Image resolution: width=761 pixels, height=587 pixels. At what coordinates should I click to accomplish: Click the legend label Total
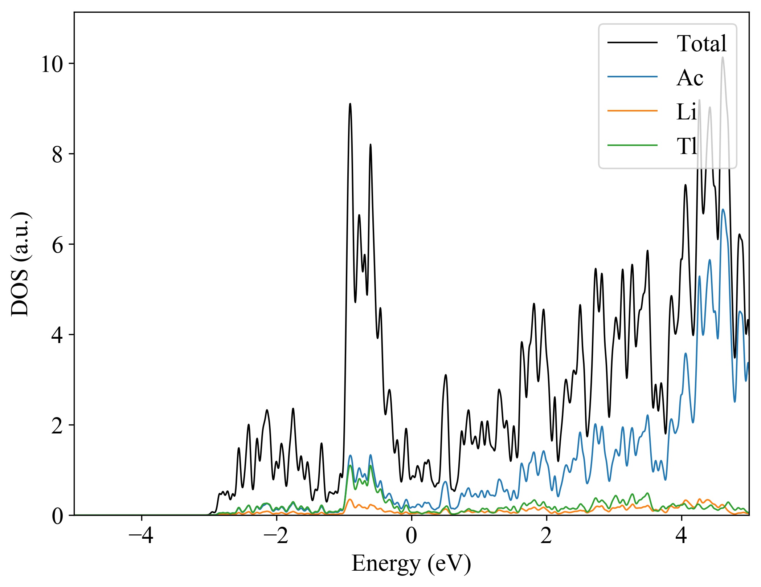701,44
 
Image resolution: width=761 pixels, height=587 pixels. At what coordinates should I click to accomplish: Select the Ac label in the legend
690,78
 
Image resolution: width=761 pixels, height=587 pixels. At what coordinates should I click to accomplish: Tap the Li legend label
686,112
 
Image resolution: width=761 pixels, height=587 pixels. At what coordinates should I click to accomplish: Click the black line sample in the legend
632,43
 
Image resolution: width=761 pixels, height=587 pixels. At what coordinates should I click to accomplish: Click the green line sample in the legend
632,145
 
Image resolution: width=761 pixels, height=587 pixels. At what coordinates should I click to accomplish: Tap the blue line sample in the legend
632,77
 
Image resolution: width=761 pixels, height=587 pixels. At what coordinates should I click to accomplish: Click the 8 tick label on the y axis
57,155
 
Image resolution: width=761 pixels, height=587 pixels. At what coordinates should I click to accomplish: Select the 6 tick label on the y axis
57,245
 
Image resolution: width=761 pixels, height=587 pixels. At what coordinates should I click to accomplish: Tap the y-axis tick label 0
57,516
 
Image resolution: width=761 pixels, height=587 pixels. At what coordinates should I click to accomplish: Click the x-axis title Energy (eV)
411,563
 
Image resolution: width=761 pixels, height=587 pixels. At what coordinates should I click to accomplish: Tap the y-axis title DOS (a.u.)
20,264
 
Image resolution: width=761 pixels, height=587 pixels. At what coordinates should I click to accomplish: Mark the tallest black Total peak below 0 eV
350,104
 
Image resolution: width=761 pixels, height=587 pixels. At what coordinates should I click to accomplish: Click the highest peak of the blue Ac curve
723,209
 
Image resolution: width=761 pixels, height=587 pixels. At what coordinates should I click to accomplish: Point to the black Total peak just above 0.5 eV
446,375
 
